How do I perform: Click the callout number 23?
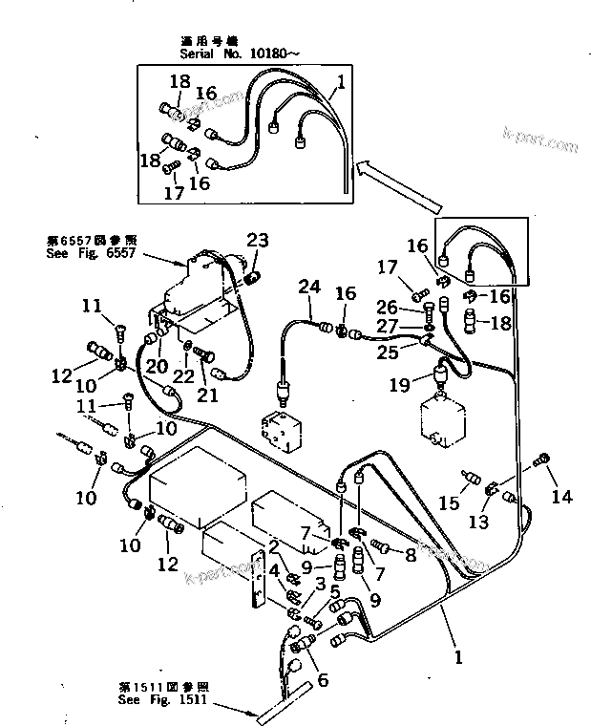259,240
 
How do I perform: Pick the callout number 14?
562,496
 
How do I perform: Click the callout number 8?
412,553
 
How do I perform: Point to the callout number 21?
206,396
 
